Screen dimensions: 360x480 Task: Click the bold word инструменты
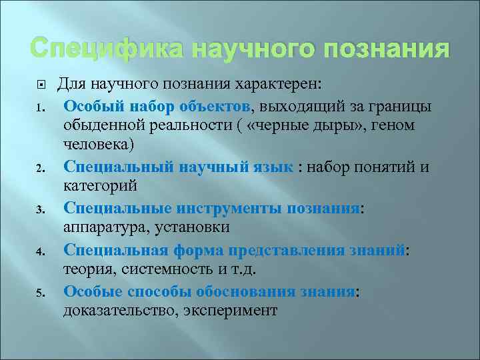pyautogui.click(x=230, y=208)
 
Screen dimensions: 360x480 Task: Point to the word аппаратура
pyautogui.click(x=106, y=229)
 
